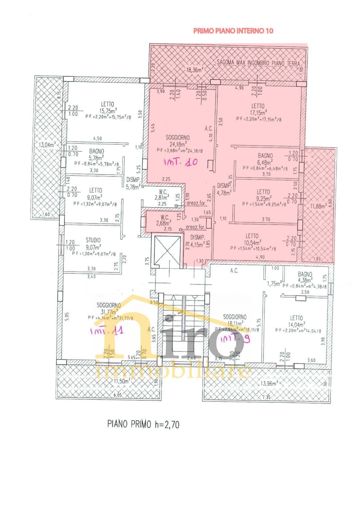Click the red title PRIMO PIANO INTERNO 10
click(x=233, y=31)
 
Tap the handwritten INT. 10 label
click(x=181, y=162)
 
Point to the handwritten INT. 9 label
click(x=235, y=339)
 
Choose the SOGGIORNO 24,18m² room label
click(x=177, y=141)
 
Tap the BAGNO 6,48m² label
click(x=265, y=159)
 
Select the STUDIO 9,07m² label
click(x=93, y=244)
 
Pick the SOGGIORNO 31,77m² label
click(x=109, y=309)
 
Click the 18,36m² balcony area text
click(x=194, y=70)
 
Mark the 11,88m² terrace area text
click(x=317, y=206)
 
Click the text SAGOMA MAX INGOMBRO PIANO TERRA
click(x=258, y=63)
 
